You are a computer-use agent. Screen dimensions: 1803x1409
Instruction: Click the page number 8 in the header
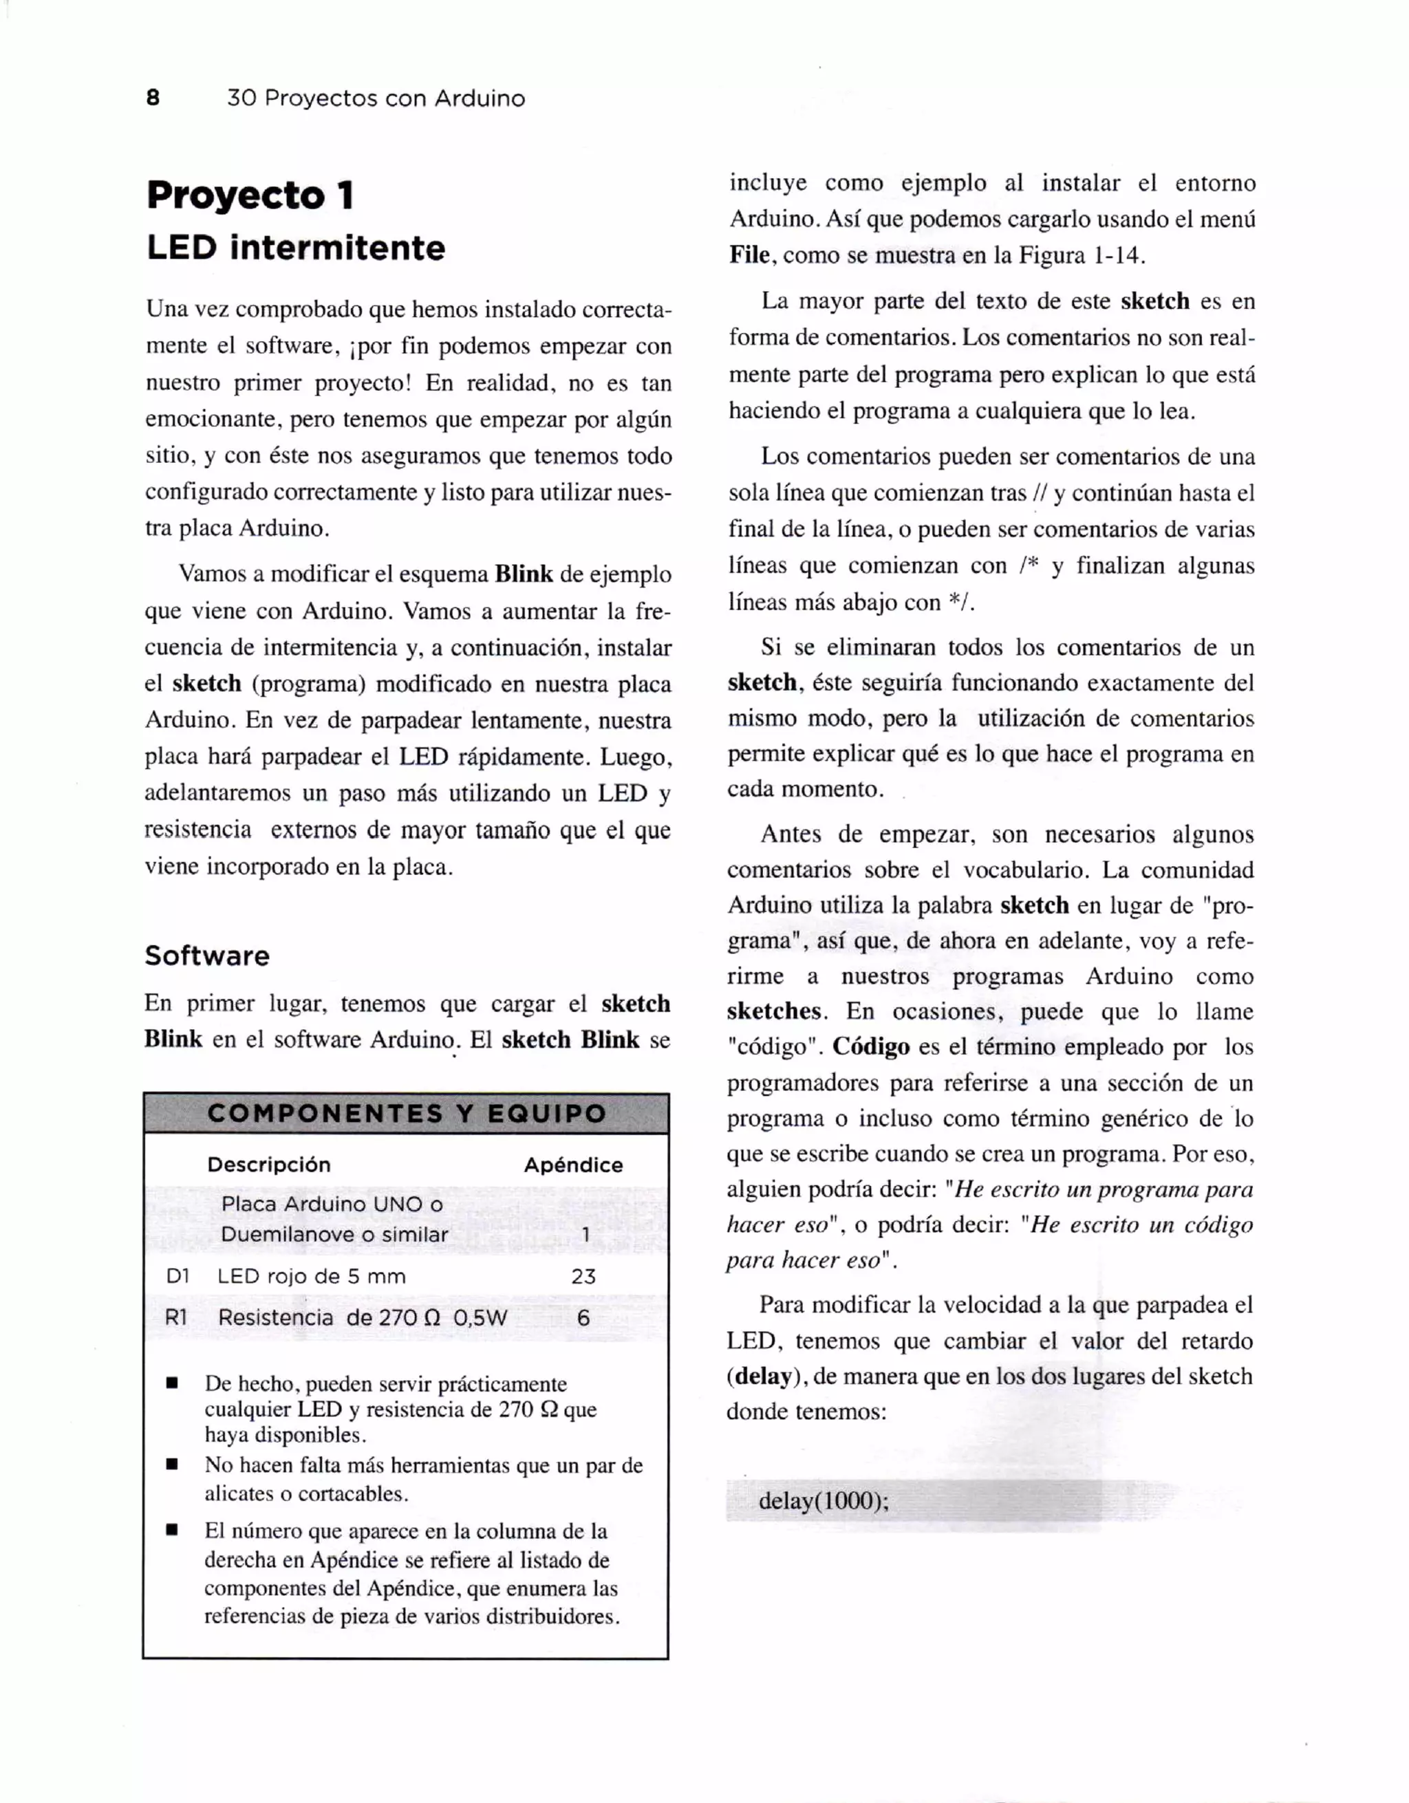point(153,98)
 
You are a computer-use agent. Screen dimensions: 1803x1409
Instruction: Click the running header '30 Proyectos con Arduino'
point(376,98)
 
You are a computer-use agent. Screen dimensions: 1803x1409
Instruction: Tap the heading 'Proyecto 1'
point(250,195)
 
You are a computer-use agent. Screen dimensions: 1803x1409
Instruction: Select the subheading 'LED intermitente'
point(296,248)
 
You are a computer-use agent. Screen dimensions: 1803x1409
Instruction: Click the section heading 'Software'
point(207,956)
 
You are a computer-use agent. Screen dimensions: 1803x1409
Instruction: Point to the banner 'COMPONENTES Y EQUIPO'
point(406,1113)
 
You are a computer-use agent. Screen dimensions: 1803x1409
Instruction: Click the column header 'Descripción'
point(269,1165)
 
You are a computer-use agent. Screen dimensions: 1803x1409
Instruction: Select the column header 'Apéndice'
point(573,1165)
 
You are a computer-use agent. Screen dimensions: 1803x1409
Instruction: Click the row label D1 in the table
point(178,1276)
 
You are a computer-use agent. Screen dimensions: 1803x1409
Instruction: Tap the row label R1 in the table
point(177,1317)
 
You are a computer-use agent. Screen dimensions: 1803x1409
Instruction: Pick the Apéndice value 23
point(583,1276)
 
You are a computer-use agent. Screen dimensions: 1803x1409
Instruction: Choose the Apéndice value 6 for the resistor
point(583,1317)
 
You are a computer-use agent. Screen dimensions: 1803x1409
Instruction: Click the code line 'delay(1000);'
point(823,1500)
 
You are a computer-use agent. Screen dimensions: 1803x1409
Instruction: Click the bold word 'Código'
point(870,1048)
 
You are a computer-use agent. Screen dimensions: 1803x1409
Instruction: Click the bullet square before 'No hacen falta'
point(173,1465)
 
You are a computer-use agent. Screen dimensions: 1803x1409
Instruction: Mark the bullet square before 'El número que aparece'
point(173,1531)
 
